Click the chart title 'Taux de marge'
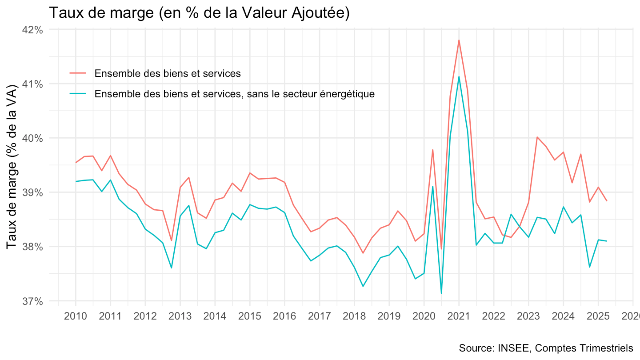[199, 13]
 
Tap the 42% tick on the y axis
[33, 30]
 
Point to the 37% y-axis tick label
[33, 301]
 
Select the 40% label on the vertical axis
[33, 138]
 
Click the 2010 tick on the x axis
[76, 316]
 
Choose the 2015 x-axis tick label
[249, 316]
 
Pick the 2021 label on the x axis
[458, 316]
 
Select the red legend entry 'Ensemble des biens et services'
[167, 73]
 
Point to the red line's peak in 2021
[459, 40]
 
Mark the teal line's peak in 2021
[459, 76]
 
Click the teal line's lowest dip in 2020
[441, 293]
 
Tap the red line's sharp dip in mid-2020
[441, 249]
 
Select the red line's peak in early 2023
[537, 137]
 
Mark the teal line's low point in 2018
[363, 286]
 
